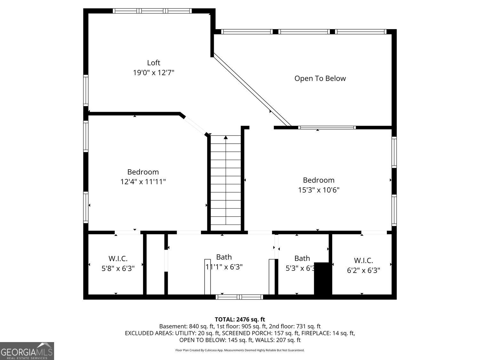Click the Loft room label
click(x=154, y=63)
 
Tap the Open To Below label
click(x=320, y=78)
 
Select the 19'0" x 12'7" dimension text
click(x=154, y=73)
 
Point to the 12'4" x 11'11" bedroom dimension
click(x=143, y=182)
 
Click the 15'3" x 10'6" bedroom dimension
click(x=319, y=190)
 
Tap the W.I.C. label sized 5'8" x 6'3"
click(x=118, y=259)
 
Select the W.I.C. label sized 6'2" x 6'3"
click(x=364, y=260)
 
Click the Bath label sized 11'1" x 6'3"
click(x=224, y=257)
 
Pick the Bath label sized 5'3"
click(x=302, y=258)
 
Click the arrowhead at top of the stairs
click(x=226, y=137)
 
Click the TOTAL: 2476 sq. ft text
click(x=240, y=319)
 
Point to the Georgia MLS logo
click(x=27, y=351)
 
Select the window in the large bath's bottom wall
click(x=239, y=297)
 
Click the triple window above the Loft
click(x=152, y=11)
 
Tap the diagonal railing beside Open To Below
click(x=252, y=90)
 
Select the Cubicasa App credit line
click(x=240, y=350)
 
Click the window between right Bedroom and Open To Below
click(x=327, y=127)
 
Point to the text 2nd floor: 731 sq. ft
click(x=295, y=326)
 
